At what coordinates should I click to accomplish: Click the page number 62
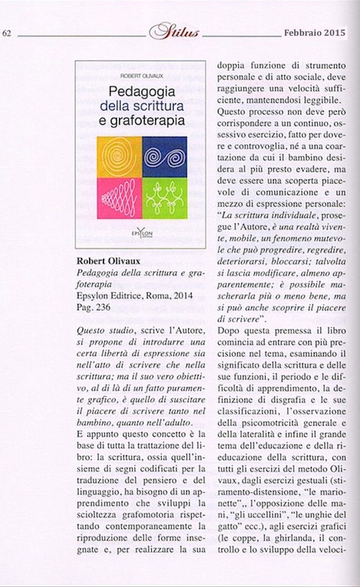click(7, 33)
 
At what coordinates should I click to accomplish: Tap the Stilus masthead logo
click(174, 32)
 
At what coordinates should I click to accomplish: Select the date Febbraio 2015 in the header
click(314, 33)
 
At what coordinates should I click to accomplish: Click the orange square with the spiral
click(119, 157)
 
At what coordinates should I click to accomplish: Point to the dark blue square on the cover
click(164, 157)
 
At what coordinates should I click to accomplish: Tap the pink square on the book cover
click(119, 198)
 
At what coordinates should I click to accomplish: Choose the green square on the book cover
click(164, 198)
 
